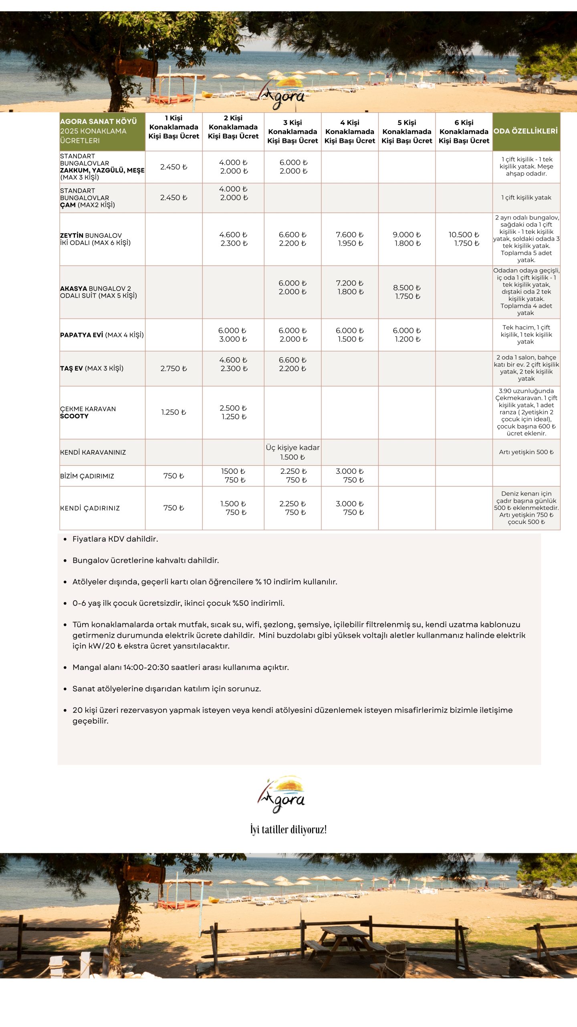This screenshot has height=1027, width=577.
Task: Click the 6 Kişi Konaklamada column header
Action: [464, 132]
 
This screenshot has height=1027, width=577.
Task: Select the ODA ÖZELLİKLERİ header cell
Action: [526, 131]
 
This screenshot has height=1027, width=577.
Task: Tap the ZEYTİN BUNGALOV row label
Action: [95, 239]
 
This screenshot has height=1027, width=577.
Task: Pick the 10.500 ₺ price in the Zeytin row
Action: [464, 235]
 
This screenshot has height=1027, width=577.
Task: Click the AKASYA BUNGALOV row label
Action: [99, 292]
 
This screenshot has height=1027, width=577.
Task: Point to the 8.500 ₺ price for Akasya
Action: [407, 288]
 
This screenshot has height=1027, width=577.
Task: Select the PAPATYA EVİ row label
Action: [102, 335]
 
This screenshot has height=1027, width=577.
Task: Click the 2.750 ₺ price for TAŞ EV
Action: [174, 369]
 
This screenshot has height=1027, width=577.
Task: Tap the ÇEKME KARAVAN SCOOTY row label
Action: [88, 412]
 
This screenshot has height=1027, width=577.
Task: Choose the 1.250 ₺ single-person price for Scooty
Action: [174, 412]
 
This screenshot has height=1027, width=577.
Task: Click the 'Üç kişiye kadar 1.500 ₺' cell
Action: [293, 452]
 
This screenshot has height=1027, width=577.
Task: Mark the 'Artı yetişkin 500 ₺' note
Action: [526, 452]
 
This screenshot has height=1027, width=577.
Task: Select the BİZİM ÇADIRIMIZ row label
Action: [87, 476]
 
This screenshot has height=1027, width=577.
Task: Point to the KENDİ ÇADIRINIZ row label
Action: [90, 508]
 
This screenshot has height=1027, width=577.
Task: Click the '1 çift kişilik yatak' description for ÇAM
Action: [526, 198]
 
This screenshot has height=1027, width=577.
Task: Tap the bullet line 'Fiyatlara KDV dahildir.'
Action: [115, 539]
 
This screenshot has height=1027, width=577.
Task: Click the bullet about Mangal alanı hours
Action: [180, 668]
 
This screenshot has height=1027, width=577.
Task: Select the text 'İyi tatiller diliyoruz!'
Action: [288, 829]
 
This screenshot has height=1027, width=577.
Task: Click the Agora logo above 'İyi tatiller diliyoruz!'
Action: [281, 794]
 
